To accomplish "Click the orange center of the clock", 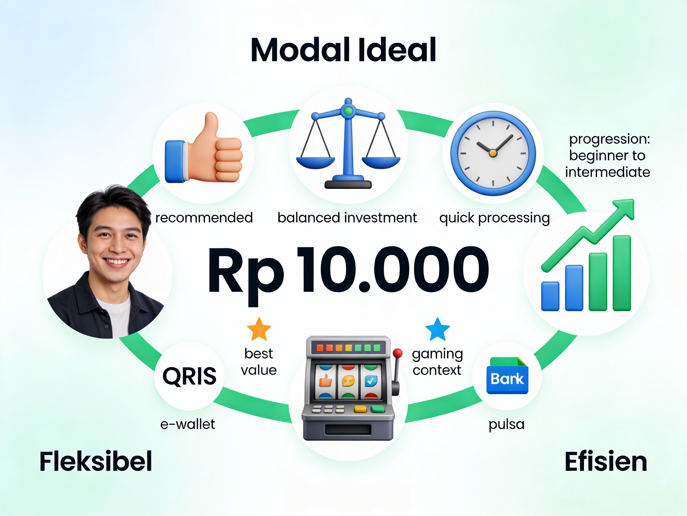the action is pyautogui.click(x=493, y=153).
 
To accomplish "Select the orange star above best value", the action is pyautogui.click(x=259, y=329).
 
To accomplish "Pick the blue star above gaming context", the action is pyautogui.click(x=438, y=329).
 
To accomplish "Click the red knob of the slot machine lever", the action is pyautogui.click(x=397, y=354).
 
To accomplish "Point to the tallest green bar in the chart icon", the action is pyautogui.click(x=622, y=273).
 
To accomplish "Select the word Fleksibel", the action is pyautogui.click(x=96, y=462).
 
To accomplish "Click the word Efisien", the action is pyautogui.click(x=606, y=462).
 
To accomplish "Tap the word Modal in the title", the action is pyautogui.click(x=301, y=50).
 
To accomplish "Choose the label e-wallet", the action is pyautogui.click(x=188, y=424).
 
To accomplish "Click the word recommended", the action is pyautogui.click(x=204, y=218).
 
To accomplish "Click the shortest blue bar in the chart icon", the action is pyautogui.click(x=550, y=297).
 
